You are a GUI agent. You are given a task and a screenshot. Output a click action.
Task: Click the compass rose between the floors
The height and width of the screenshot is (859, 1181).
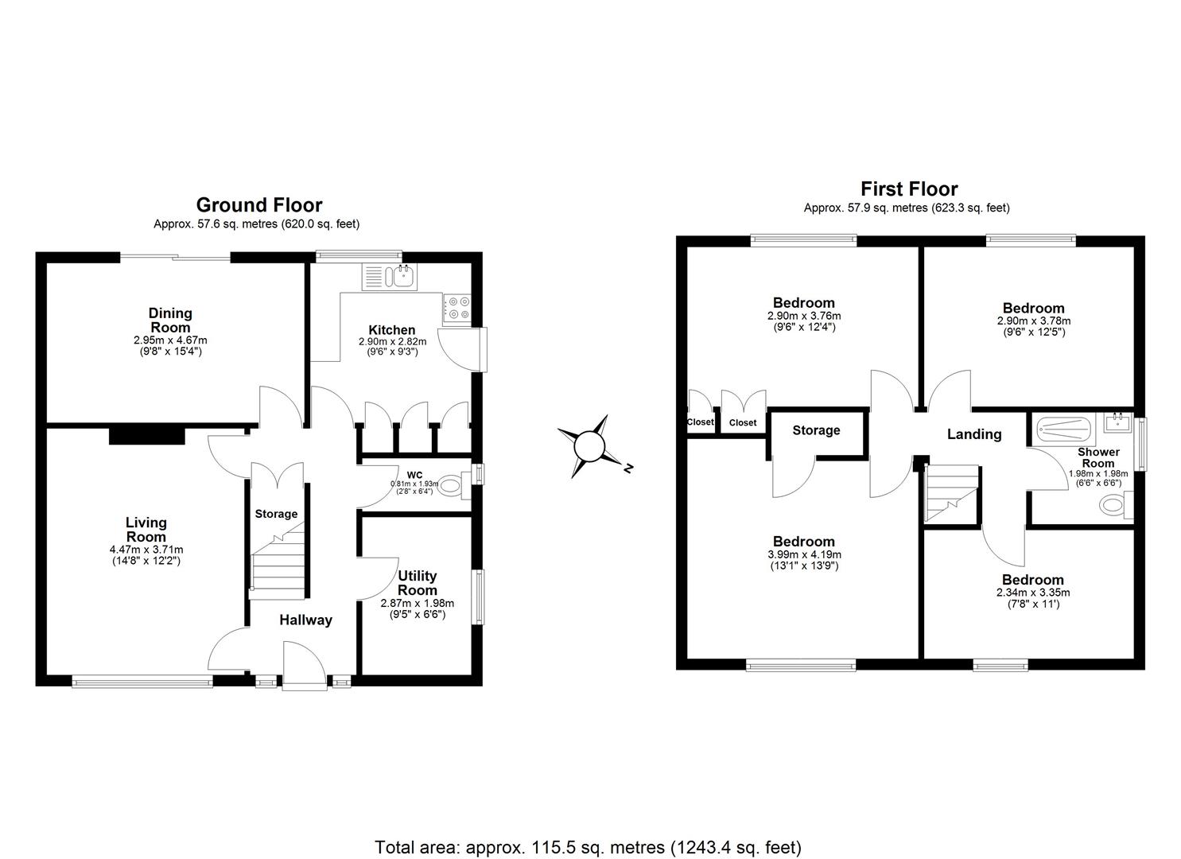pyautogui.click(x=590, y=445)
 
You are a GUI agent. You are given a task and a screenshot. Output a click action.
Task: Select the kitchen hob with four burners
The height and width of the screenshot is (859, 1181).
pyautogui.click(x=456, y=307)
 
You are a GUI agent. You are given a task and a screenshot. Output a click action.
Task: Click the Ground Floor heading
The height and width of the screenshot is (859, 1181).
pyautogui.click(x=258, y=205)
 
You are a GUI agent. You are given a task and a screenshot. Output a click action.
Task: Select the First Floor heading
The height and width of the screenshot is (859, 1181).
pyautogui.click(x=909, y=189)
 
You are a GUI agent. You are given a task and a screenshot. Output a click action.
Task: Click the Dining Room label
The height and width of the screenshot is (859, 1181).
pyautogui.click(x=170, y=320)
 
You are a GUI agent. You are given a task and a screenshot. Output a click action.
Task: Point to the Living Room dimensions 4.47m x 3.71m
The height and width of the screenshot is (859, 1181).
pyautogui.click(x=146, y=550)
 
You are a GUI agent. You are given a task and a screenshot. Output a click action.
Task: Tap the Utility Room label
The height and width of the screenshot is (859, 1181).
pyautogui.click(x=418, y=583)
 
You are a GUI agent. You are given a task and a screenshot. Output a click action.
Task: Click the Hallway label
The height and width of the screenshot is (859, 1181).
pyautogui.click(x=305, y=620)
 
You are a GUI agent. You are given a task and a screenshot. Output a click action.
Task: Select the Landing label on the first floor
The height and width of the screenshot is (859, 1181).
pyautogui.click(x=973, y=434)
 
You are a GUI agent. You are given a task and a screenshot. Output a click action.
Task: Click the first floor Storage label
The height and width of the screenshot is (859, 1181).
pyautogui.click(x=816, y=430)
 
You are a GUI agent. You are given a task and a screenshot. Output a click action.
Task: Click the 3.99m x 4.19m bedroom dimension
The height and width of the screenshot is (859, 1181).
pyautogui.click(x=804, y=554)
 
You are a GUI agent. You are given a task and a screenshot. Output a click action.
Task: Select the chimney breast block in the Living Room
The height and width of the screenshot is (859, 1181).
pyautogui.click(x=146, y=435)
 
